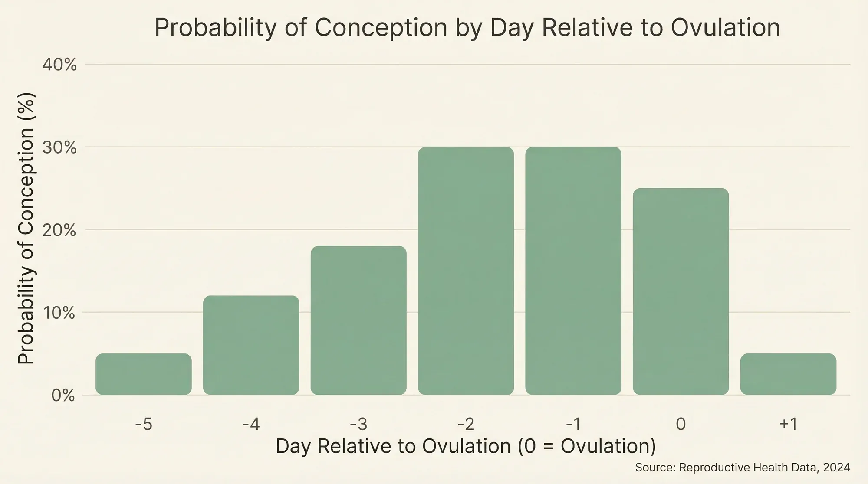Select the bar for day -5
tap(144, 374)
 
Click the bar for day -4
tap(251, 345)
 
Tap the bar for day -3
tap(358, 320)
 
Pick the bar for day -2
tap(466, 271)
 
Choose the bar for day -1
tap(573, 271)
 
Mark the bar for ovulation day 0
tap(681, 291)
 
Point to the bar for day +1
tap(788, 374)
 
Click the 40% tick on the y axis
tap(59, 65)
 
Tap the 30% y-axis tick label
tap(59, 148)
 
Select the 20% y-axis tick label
tap(59, 230)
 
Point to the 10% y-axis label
tap(59, 313)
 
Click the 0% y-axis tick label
tap(63, 396)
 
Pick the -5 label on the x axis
tap(144, 424)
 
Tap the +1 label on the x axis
tap(788, 424)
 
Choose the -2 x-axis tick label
tap(466, 424)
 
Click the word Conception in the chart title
tap(381, 28)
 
